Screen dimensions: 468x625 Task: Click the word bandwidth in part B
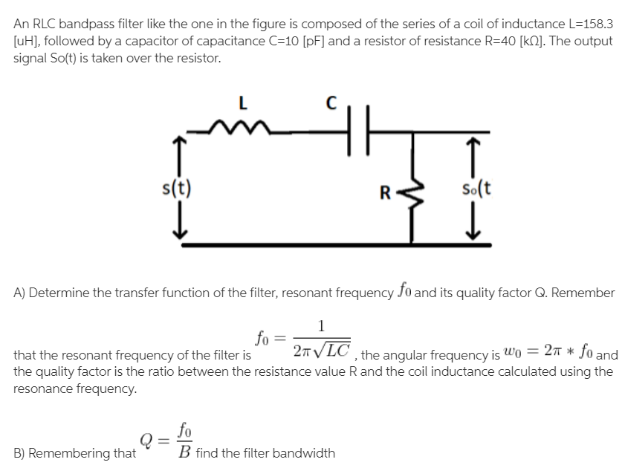pyautogui.click(x=304, y=452)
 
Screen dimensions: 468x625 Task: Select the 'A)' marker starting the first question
pyautogui.click(x=22, y=292)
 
